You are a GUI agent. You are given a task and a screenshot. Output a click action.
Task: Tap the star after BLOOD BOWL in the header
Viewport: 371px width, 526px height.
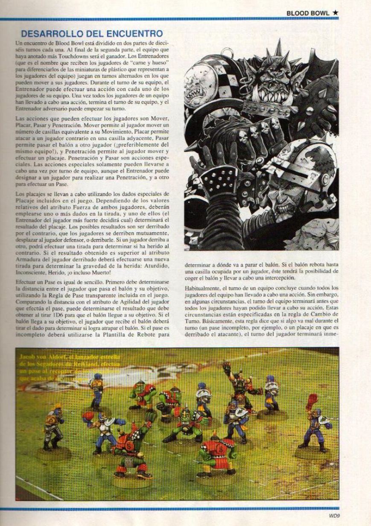(x=336, y=13)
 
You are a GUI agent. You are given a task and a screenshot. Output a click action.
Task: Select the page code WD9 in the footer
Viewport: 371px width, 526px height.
(x=334, y=515)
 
